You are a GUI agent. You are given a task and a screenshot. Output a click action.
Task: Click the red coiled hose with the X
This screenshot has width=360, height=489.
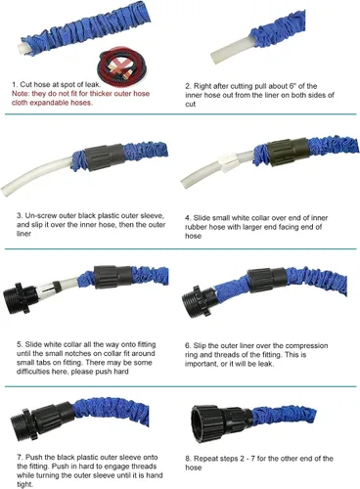pos(122,66)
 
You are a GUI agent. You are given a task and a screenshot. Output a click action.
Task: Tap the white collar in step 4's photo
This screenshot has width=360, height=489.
pos(229,162)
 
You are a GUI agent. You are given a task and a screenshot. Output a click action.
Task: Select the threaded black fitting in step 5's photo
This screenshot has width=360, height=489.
pos(20,298)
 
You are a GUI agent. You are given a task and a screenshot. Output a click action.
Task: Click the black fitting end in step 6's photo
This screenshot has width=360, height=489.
pos(199,301)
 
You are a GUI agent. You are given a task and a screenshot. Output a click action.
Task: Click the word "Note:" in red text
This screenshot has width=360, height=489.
pos(21,94)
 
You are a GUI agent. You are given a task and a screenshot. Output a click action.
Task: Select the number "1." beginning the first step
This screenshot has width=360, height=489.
pos(15,85)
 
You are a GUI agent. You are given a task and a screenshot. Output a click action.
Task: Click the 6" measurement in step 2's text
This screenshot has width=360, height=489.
pos(292,86)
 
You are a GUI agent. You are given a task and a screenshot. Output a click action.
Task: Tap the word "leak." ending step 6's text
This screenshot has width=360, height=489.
pos(266,364)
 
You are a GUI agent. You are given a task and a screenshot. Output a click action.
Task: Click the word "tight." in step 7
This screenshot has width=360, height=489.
pos(24,484)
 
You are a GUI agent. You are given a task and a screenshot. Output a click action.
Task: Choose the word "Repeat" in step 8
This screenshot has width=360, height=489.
pos(204,459)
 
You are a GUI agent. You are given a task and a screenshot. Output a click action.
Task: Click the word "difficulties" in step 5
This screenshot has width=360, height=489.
pos(33,372)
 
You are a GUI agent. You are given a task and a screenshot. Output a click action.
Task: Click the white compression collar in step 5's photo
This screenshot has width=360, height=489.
pos(46,289)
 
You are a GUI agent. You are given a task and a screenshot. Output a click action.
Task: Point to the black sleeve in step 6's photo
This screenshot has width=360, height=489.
pos(267,280)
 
